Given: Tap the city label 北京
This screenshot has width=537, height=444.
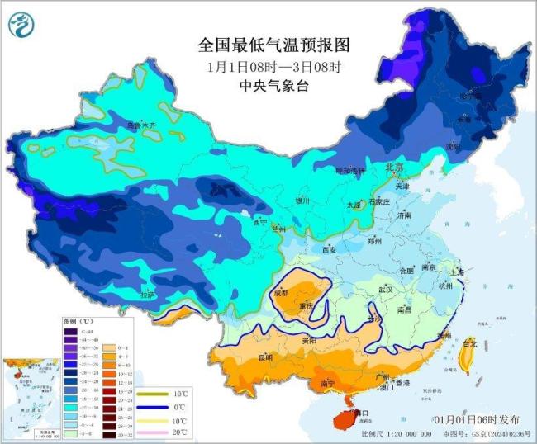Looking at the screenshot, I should [395, 168].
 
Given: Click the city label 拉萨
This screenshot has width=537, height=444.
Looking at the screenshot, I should [147, 295].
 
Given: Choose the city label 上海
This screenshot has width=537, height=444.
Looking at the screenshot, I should [458, 270].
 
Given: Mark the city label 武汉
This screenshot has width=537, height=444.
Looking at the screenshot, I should [386, 290].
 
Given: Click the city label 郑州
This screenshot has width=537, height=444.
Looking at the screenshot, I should [374, 241].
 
